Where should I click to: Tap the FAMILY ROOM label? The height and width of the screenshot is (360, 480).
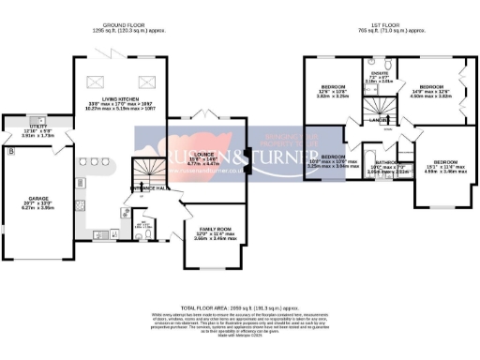point(211,229)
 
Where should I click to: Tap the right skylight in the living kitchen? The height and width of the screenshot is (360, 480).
point(146,82)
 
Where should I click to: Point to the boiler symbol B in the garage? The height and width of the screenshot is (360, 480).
point(10,150)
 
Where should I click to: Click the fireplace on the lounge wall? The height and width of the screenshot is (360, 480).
point(247,157)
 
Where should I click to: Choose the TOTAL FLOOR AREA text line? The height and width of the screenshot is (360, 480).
point(240,307)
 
